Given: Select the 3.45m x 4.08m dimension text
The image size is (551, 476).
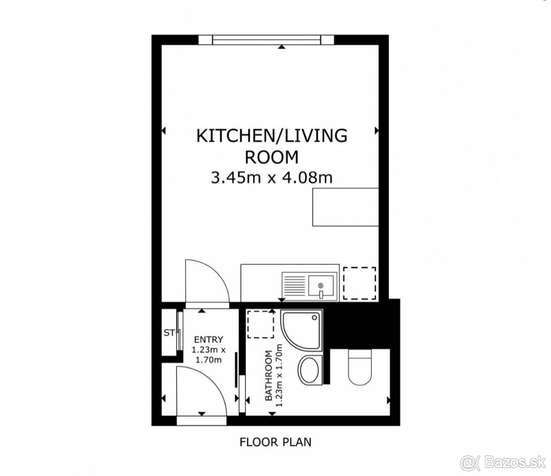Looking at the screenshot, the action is (x=272, y=178).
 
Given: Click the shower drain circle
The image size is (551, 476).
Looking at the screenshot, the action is (x=315, y=318).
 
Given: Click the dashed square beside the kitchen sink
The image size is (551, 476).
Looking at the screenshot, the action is (x=360, y=283).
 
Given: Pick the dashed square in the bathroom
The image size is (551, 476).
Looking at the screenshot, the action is (x=261, y=324).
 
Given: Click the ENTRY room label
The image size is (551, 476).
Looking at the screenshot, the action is (x=208, y=340).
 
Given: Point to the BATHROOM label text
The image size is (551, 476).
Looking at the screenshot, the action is (x=269, y=376).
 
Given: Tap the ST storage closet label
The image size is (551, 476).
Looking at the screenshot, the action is (x=169, y=333).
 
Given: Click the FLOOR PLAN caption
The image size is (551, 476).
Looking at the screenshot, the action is (x=275, y=442).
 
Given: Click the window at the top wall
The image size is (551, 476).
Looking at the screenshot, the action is (x=266, y=40).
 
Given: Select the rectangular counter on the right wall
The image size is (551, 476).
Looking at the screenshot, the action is (x=345, y=207).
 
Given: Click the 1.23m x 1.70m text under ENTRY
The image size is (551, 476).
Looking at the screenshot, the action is (x=208, y=355).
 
